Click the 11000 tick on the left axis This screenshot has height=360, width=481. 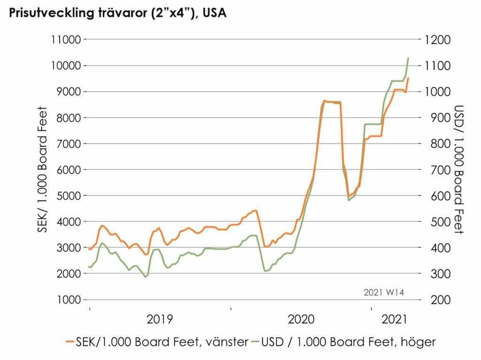coord(65,40)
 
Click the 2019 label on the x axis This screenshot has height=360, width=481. coord(160,320)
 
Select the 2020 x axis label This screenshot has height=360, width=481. coord(301,320)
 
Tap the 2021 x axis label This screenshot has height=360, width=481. coord(395,320)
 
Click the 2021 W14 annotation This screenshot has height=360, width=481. coord(384,292)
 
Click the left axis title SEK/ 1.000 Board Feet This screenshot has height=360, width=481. coord(43,170)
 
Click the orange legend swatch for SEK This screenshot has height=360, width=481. coord(69,342)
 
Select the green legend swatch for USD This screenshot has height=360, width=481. coord(256,342)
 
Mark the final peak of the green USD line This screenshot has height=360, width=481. coord(408,58)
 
